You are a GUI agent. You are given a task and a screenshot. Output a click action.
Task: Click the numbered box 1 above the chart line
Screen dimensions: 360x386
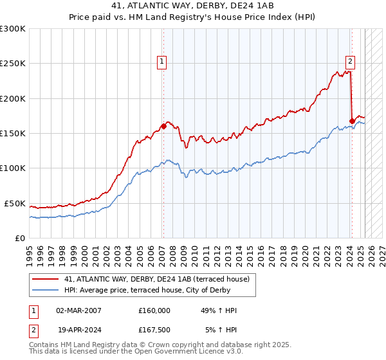pyautogui.click(x=161, y=62)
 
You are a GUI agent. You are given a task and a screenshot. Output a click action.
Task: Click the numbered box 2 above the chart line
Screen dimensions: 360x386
pyautogui.click(x=350, y=62)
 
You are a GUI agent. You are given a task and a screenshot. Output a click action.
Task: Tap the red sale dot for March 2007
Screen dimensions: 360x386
pyautogui.click(x=163, y=127)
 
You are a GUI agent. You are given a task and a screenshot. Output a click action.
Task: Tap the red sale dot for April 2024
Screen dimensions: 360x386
pyautogui.click(x=352, y=121)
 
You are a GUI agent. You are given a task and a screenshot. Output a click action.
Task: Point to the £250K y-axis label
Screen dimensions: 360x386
pyautogui.click(x=13, y=64)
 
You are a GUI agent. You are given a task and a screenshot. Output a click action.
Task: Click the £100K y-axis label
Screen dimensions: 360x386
pyautogui.click(x=13, y=168)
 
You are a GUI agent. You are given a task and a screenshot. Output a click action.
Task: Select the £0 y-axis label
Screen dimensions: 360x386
pyautogui.click(x=19, y=238)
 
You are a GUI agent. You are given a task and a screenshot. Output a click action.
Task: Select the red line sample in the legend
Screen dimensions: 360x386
pyautogui.click(x=45, y=278)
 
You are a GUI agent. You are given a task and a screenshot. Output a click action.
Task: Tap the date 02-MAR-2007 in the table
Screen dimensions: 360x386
pyautogui.click(x=79, y=310)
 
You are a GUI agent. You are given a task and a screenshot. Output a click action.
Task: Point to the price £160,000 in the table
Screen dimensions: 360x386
pyautogui.click(x=154, y=310)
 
